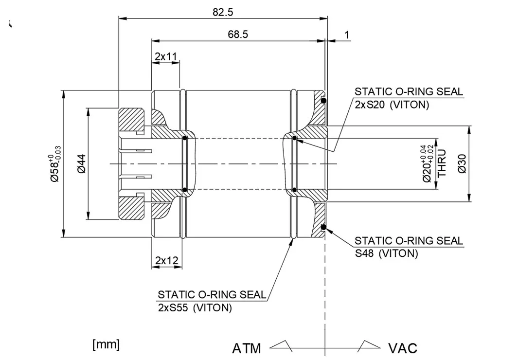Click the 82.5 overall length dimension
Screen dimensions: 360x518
(x=223, y=13)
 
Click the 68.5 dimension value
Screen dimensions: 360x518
(x=238, y=35)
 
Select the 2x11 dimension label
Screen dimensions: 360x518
(x=165, y=56)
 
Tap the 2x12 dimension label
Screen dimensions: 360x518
(x=166, y=261)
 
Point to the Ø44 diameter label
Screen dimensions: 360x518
(x=81, y=163)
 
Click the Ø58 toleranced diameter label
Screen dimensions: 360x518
(x=55, y=163)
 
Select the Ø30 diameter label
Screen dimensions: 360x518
(x=462, y=163)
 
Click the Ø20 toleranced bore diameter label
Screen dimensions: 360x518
(x=429, y=163)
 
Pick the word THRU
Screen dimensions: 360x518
(x=442, y=163)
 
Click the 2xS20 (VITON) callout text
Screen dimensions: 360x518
(x=392, y=105)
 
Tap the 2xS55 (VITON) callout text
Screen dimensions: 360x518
(x=195, y=307)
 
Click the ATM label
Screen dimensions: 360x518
(x=246, y=348)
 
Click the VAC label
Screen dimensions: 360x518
(x=402, y=348)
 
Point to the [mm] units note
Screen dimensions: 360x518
(x=106, y=344)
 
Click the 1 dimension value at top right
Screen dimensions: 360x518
(x=346, y=35)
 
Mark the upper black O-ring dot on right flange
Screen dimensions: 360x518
(x=323, y=101)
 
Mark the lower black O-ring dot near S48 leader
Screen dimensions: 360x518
(x=323, y=227)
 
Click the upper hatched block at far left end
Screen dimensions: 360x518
(x=131, y=120)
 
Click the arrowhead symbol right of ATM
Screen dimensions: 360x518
(x=281, y=345)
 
